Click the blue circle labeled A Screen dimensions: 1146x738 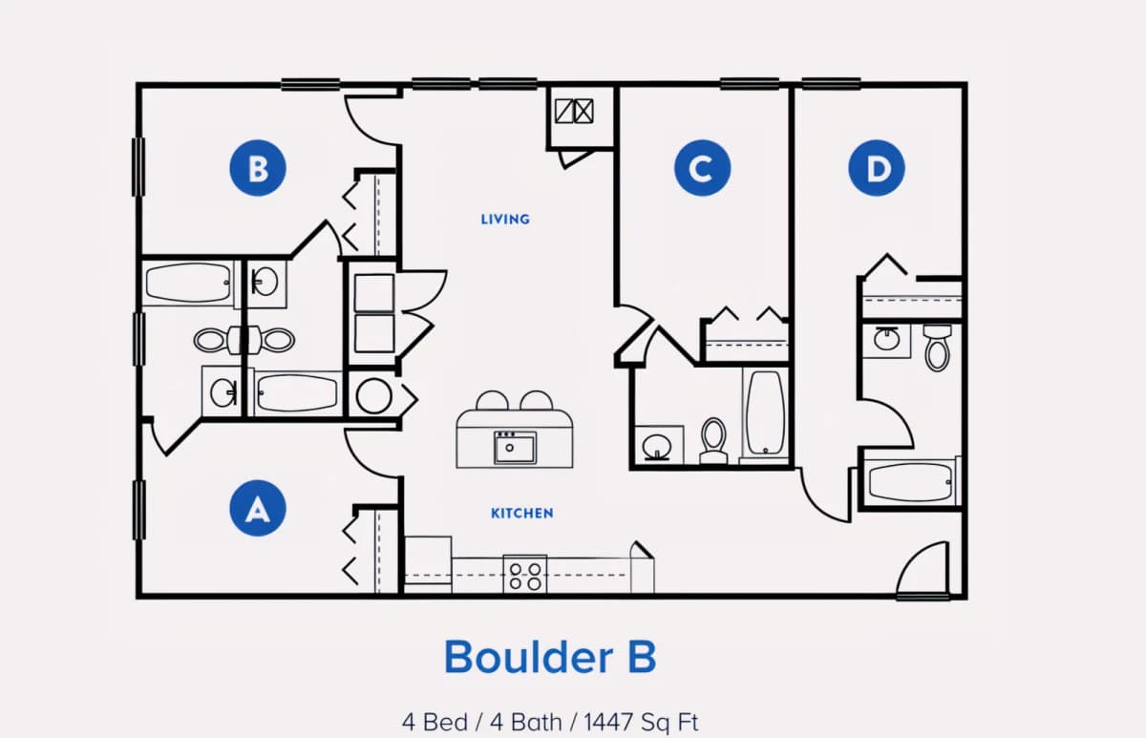257,508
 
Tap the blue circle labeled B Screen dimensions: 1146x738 257,168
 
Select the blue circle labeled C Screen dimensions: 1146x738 703,168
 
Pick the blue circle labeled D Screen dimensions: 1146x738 877,168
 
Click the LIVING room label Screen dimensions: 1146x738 505,220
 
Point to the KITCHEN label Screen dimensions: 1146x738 521,513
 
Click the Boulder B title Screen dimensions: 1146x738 550,657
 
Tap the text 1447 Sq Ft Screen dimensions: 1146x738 641,722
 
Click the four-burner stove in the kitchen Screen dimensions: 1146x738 525,575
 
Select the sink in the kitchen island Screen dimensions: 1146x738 515,448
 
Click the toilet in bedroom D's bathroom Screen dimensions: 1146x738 937,347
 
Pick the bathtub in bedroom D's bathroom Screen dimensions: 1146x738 911,482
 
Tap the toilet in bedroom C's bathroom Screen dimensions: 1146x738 713,440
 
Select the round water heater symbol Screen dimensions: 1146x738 373,396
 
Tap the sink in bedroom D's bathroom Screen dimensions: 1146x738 886,339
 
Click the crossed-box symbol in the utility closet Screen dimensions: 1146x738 574,111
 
